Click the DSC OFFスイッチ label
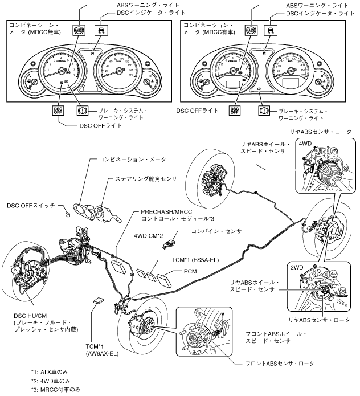pos(32,203)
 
